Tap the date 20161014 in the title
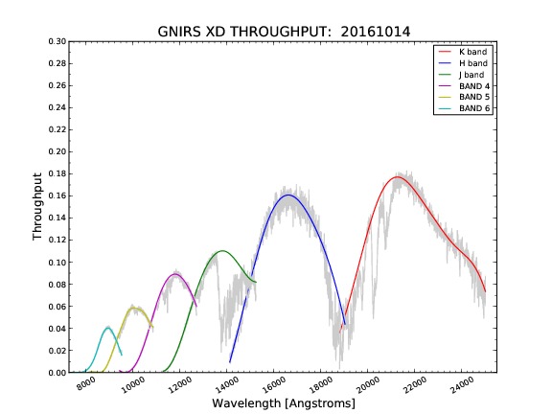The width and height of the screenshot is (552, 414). click(376, 32)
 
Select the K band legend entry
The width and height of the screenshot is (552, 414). click(463, 52)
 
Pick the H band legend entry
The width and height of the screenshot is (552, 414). click(463, 63)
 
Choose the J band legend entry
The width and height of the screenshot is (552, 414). click(461, 75)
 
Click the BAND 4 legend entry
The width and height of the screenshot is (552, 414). click(464, 86)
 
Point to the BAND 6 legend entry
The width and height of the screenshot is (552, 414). click(464, 108)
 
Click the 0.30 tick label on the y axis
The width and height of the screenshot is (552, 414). click(57, 41)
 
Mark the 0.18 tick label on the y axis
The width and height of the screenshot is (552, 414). click(57, 173)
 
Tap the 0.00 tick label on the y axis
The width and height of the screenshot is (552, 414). click(57, 373)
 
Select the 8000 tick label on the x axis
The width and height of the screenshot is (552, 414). click(86, 383)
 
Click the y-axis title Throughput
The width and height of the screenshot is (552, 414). click(37, 207)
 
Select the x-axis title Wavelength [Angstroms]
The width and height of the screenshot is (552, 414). click(284, 403)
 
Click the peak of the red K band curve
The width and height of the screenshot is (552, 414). click(397, 176)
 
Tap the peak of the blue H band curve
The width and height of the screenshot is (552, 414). click(288, 195)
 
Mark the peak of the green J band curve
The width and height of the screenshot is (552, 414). click(222, 251)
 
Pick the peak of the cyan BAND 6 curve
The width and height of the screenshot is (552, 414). click(107, 328)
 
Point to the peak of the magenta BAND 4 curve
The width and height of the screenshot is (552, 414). click(174, 274)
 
